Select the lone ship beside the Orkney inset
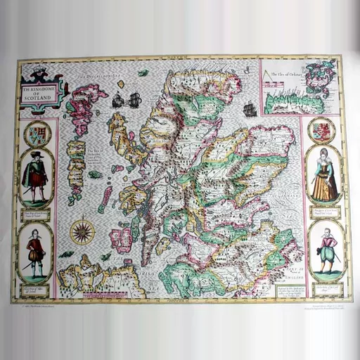[x=248, y=109]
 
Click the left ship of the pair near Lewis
[x=117, y=101]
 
